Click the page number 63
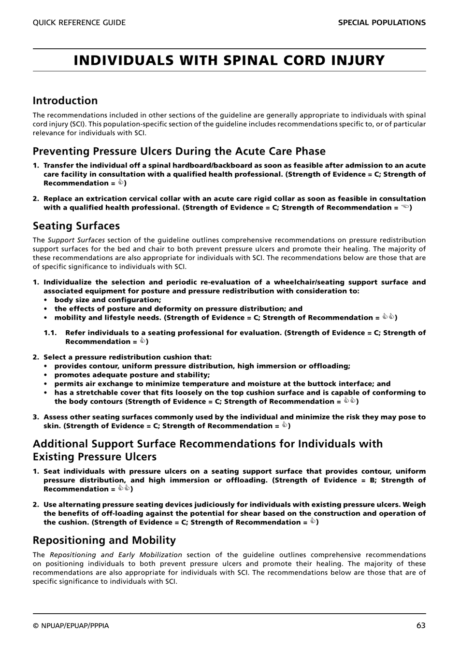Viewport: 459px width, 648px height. pos(420,625)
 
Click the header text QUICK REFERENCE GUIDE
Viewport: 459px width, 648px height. pos(79,23)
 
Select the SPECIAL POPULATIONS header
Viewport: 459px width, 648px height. pos(382,23)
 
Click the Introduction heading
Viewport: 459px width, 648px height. pos(65,100)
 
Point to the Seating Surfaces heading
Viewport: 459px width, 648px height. pos(76,226)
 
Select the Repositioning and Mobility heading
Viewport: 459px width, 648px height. pos(104,540)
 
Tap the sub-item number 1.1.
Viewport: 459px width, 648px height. pos(50,333)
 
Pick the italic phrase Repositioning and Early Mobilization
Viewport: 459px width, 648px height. pos(116,555)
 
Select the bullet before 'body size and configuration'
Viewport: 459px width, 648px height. pos(46,300)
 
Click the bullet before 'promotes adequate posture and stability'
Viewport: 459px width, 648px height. pos(46,375)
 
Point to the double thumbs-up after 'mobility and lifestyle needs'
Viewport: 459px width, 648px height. pos(388,317)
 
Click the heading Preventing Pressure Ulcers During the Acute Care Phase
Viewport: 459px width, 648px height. pos(179,151)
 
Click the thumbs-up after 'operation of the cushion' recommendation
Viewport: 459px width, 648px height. pos(313,521)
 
